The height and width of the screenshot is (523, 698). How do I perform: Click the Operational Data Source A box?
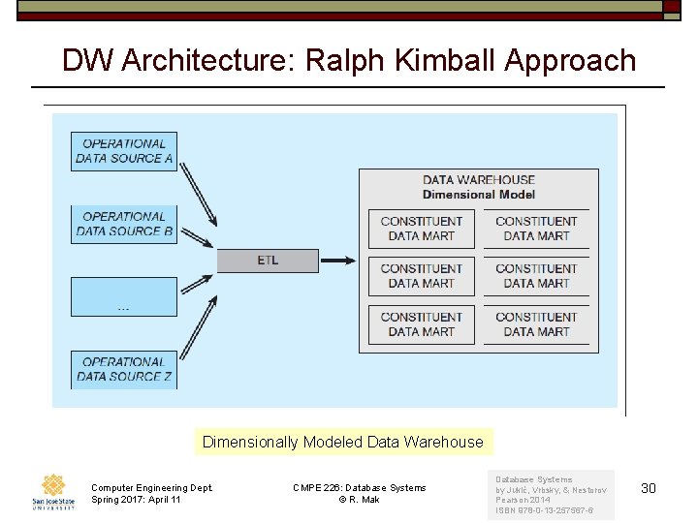pyautogui.click(x=124, y=151)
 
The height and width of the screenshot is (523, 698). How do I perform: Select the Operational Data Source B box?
pyautogui.click(x=124, y=224)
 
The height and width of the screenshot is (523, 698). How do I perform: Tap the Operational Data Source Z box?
pyautogui.click(x=124, y=369)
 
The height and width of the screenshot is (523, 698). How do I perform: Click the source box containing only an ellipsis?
pyautogui.click(x=124, y=296)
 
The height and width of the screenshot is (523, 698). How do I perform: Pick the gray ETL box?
pyautogui.click(x=268, y=260)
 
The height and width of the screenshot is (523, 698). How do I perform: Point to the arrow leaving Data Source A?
pyautogui.click(x=199, y=190)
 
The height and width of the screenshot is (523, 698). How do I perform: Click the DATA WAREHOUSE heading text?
pyautogui.click(x=478, y=179)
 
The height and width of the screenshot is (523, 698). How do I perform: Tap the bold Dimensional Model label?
pyautogui.click(x=478, y=194)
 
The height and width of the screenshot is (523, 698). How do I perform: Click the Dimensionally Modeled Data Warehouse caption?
pyautogui.click(x=342, y=442)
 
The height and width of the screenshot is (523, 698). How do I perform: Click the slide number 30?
pyautogui.click(x=649, y=488)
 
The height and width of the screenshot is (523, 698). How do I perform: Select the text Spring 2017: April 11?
pyautogui.click(x=136, y=500)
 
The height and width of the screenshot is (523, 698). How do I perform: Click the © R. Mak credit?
pyautogui.click(x=359, y=500)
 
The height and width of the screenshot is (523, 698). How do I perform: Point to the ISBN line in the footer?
pyautogui.click(x=544, y=510)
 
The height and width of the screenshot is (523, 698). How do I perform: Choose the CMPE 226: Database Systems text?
pyautogui.click(x=359, y=487)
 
